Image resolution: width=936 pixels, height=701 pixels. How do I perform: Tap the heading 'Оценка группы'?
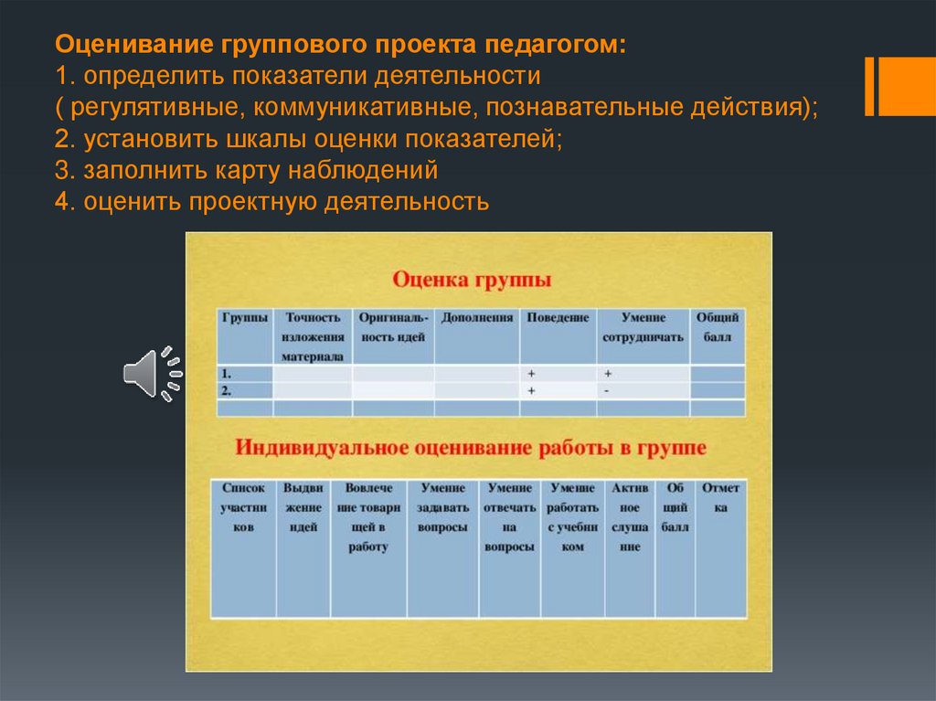[472, 278]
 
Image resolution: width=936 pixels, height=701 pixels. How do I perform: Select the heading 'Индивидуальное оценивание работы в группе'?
[471, 448]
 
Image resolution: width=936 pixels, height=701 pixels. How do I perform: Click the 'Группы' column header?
[244, 318]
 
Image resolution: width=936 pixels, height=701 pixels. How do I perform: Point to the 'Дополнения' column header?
[476, 318]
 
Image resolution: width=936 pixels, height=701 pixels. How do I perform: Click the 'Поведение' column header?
[557, 318]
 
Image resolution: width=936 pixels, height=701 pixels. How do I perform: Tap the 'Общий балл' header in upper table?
[717, 327]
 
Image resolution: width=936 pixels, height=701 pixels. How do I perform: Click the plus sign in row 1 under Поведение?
[530, 374]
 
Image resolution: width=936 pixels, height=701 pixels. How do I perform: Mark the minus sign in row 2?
[606, 390]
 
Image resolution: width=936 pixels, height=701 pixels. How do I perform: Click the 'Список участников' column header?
[242, 508]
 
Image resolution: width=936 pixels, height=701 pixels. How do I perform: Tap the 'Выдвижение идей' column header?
[303, 508]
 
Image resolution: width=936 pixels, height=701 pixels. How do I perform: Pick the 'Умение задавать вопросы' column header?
[442, 508]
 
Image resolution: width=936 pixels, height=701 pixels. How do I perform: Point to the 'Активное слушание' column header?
[630, 517]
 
